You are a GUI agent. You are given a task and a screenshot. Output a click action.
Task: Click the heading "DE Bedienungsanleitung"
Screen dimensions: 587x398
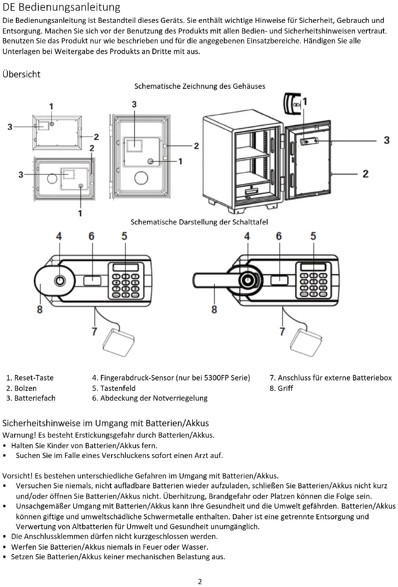[x=61, y=8]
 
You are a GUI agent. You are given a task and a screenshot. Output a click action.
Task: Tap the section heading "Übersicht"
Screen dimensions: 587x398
[x=21, y=74]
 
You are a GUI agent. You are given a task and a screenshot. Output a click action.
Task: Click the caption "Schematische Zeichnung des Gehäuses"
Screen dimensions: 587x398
[x=200, y=86]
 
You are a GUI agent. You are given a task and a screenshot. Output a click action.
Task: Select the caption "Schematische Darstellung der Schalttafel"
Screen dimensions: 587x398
[x=199, y=222]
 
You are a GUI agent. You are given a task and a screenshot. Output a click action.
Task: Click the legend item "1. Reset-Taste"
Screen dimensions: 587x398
[x=30, y=378]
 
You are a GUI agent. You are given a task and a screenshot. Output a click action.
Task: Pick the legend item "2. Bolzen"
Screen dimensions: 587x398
[x=21, y=388]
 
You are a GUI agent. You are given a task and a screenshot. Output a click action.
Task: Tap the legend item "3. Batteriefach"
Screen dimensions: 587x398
[x=31, y=398]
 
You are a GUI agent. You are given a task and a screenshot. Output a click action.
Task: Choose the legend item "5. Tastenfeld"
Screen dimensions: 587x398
[x=114, y=388]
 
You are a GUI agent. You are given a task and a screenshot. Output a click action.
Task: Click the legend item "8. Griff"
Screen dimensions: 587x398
[x=281, y=388]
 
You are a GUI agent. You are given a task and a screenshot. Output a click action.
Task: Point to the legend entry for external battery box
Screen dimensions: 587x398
[x=331, y=378]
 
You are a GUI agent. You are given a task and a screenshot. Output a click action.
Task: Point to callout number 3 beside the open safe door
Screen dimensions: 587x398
[x=386, y=140]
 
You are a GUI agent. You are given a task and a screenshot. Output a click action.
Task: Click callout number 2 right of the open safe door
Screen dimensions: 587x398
[x=365, y=174]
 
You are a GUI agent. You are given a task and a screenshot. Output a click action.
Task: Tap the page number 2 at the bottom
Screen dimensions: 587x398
[x=200, y=582]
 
